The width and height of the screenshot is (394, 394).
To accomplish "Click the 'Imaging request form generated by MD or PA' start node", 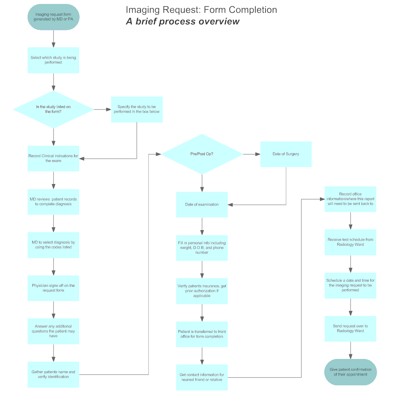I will pos(53,17).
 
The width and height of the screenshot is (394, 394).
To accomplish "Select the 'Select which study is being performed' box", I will pos(53,60).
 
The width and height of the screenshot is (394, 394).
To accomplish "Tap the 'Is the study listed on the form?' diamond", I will pos(53,109).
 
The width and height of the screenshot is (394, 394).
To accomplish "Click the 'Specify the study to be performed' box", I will pos(137,109).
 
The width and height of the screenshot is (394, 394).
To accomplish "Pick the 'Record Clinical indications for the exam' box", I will pos(53,158).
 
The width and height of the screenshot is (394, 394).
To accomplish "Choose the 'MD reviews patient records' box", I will pos(53,202).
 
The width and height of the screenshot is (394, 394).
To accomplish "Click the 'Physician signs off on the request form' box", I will pos(53,288).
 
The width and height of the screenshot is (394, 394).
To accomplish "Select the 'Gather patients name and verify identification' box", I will pos(53,374).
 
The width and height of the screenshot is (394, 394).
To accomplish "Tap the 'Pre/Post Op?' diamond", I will pos(202,154).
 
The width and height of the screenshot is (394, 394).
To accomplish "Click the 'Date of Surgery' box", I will pos(286,154).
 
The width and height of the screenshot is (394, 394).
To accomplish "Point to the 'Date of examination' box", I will pos(202,204).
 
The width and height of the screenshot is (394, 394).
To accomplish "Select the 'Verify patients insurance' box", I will pos(202,291).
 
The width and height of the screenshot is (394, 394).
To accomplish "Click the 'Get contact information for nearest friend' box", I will pos(202,377).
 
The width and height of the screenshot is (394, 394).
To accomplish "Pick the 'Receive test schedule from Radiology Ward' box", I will pos(350,242).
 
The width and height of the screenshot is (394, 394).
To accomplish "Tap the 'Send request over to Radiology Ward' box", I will pos(350,329).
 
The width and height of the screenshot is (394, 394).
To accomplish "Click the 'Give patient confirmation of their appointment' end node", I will pos(350,372).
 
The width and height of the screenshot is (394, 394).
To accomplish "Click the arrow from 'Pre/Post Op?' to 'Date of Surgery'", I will pos(251,154).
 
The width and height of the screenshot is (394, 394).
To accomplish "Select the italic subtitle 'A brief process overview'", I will pos(182,21).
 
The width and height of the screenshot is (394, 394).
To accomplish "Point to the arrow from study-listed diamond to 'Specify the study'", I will pos(102,109).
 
